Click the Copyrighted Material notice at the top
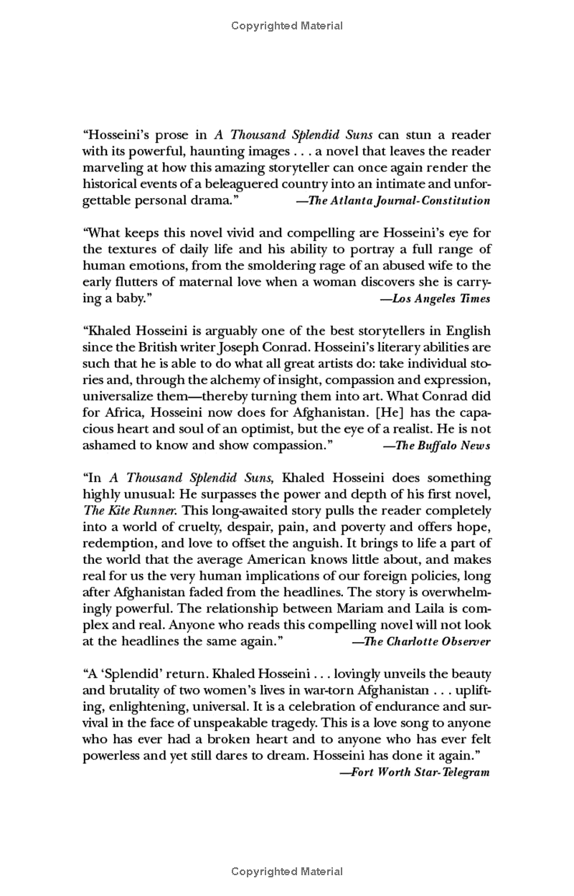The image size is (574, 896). [x=287, y=26]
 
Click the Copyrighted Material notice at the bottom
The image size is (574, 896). [x=287, y=872]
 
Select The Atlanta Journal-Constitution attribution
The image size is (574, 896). [x=394, y=201]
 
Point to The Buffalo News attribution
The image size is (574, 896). [x=437, y=445]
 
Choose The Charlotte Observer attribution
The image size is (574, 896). [x=422, y=641]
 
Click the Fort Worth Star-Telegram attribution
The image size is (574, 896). [x=415, y=772]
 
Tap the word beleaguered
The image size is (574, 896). [x=231, y=184]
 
